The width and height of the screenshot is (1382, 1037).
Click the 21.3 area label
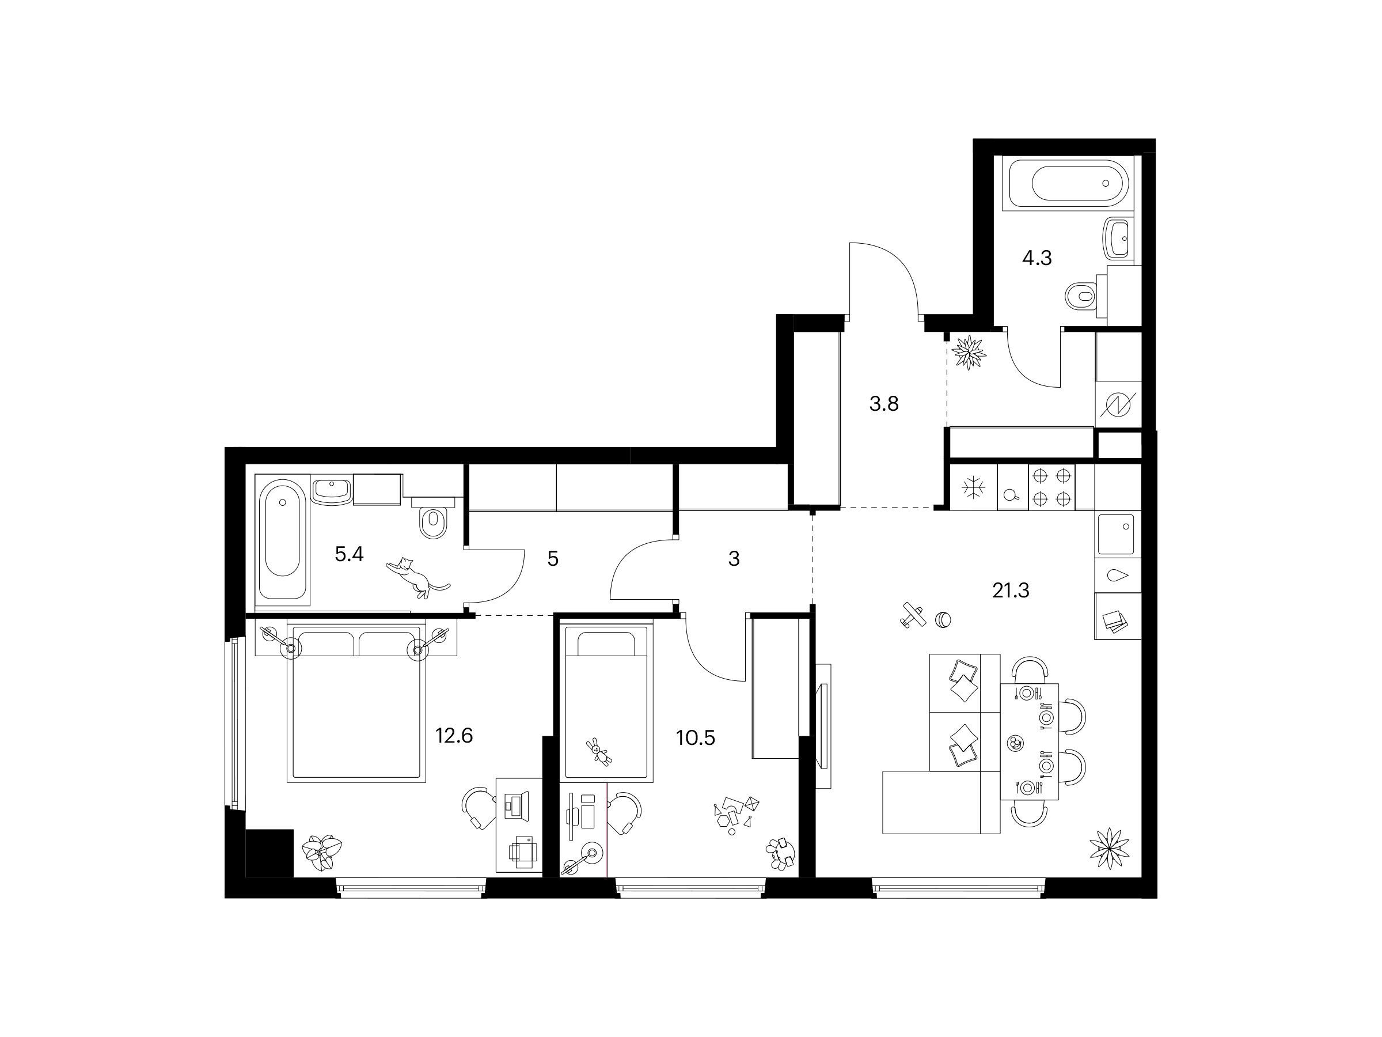(x=1010, y=590)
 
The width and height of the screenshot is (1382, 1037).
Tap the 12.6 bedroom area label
(x=454, y=736)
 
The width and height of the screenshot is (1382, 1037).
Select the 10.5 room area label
(x=696, y=738)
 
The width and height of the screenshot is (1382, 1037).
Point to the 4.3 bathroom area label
(x=1037, y=258)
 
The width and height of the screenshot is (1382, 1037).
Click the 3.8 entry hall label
(x=884, y=404)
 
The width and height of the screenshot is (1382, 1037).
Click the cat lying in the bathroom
(x=416, y=576)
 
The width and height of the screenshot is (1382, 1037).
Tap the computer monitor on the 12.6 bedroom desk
(x=517, y=805)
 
